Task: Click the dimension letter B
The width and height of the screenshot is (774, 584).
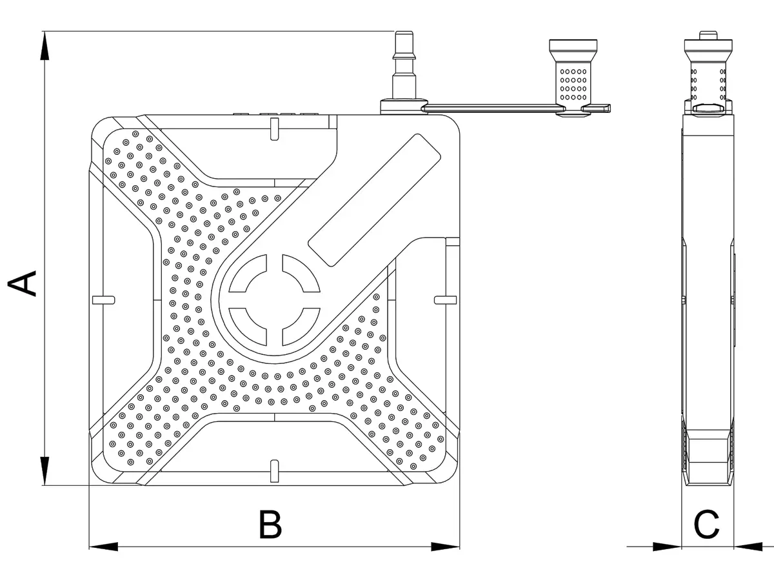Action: tap(270, 525)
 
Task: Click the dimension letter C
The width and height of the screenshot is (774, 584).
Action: tap(707, 525)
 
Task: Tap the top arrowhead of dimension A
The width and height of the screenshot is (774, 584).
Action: tap(44, 45)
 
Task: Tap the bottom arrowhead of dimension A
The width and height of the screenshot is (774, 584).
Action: tap(44, 471)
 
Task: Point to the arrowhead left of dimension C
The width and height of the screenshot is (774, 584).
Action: tap(667, 547)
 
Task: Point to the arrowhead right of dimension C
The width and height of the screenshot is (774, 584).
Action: tap(748, 547)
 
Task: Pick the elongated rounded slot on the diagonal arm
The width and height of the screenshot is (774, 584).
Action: tap(374, 201)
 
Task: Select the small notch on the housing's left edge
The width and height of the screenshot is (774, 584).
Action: tap(103, 298)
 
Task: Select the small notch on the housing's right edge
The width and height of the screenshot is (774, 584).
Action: tap(445, 298)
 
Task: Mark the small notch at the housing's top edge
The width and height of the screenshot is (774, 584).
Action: tap(274, 130)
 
